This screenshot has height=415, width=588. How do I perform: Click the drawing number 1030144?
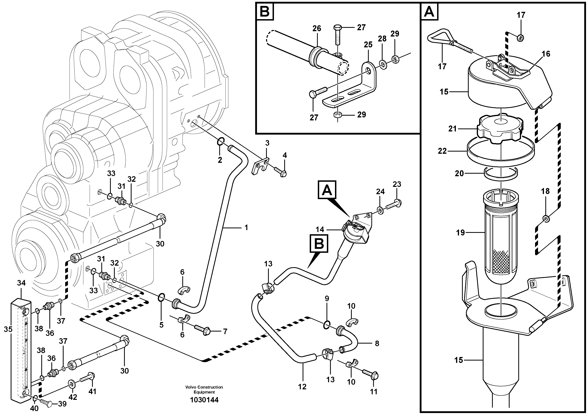coord(204,400)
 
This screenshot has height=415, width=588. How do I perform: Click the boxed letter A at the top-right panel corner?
coord(429,11)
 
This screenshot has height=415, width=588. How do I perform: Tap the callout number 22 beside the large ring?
coord(442,151)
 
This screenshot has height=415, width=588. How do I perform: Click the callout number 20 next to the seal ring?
coord(459,173)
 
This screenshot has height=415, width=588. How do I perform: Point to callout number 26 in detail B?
coord(317,28)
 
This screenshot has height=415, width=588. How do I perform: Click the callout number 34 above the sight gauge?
coord(22,283)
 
